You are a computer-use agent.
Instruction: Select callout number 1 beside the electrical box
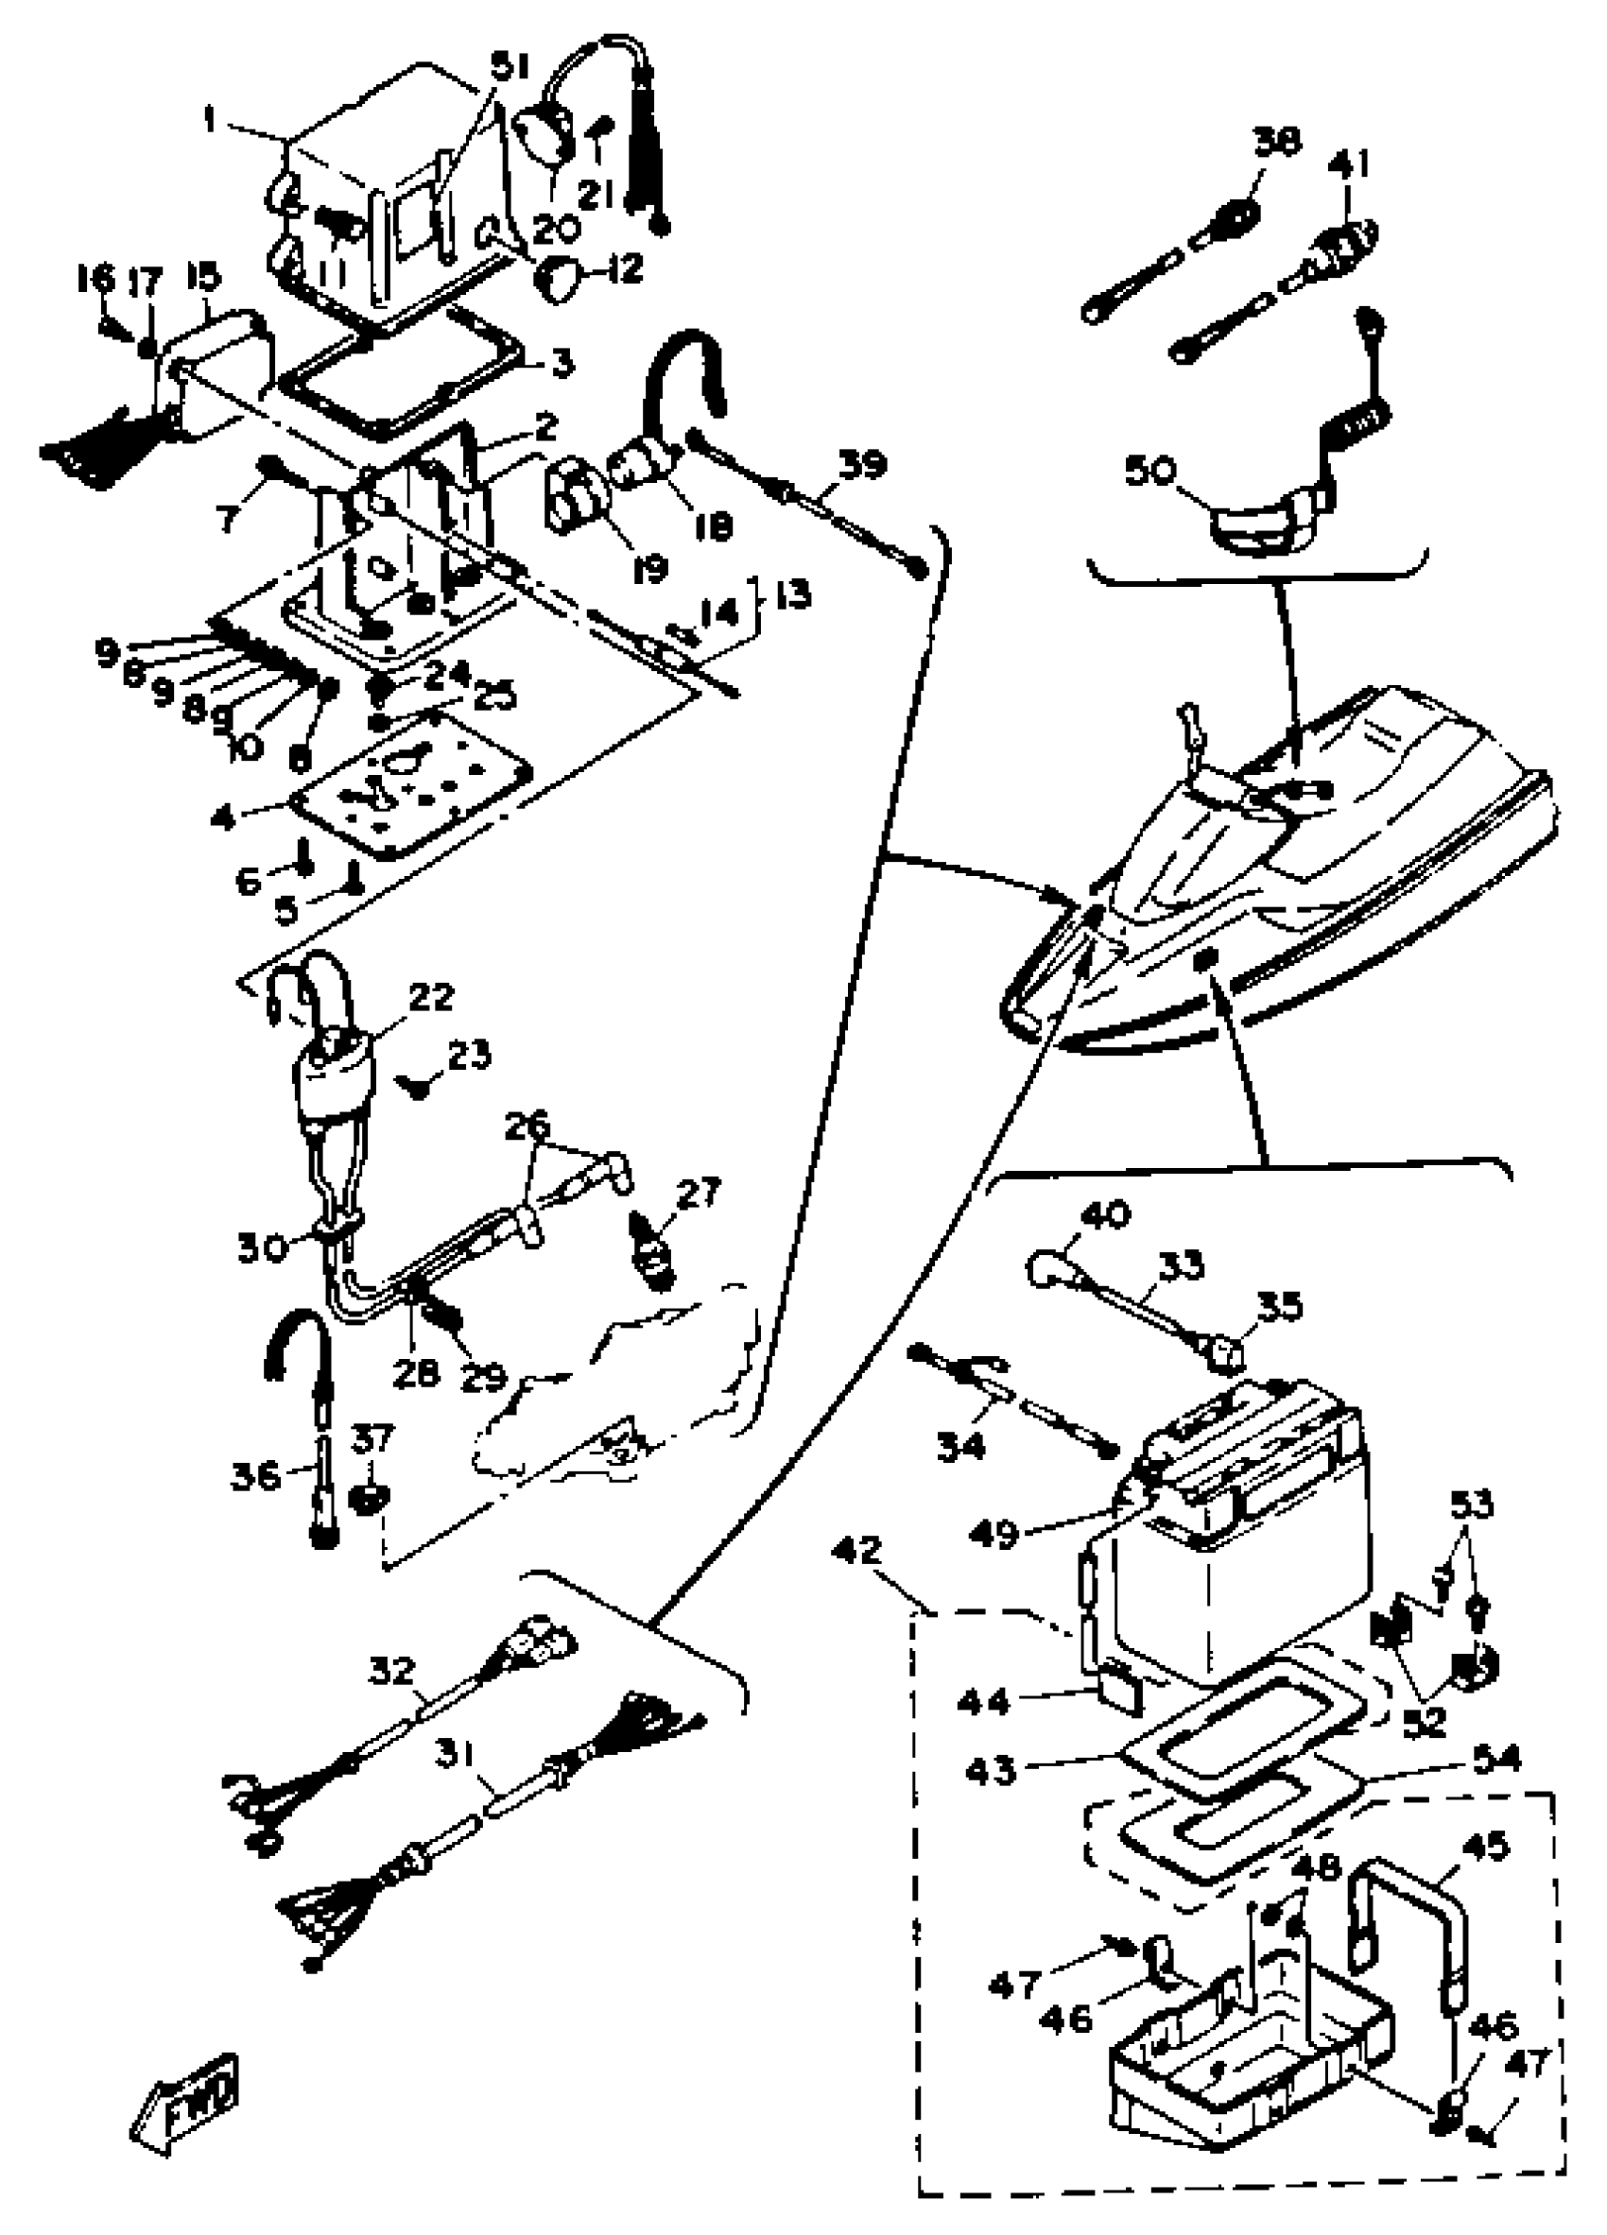[209, 121]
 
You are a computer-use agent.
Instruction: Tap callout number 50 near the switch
[1151, 471]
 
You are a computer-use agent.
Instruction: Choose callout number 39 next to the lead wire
[863, 464]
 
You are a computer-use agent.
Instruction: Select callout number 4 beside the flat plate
[225, 817]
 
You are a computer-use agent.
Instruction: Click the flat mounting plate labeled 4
[414, 788]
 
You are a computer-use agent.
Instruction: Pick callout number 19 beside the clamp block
[649, 569]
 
